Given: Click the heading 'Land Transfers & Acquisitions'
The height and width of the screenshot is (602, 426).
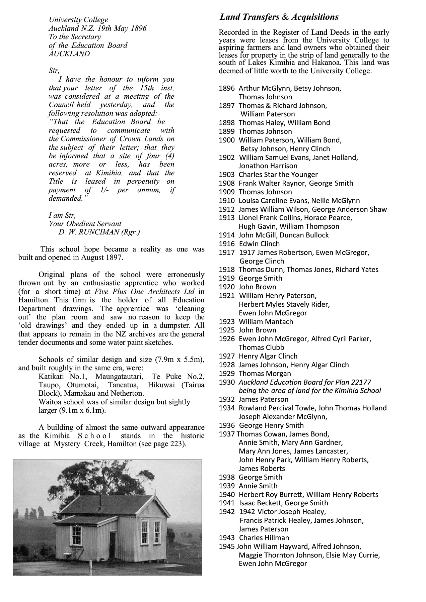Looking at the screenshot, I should (279, 17).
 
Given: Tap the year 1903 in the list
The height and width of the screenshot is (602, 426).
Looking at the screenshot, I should (227, 175).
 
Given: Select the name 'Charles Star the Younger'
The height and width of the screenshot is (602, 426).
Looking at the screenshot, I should (278, 175).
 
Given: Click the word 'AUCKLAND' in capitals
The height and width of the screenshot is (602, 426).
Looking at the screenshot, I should (69, 54).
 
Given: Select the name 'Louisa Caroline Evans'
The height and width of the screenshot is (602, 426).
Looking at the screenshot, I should (274, 201).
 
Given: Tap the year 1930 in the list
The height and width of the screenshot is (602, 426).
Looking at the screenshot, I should (227, 382).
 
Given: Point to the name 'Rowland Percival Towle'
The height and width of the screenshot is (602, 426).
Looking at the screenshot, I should (277, 408).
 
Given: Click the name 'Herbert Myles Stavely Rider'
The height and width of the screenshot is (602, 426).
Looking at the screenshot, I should (284, 304).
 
